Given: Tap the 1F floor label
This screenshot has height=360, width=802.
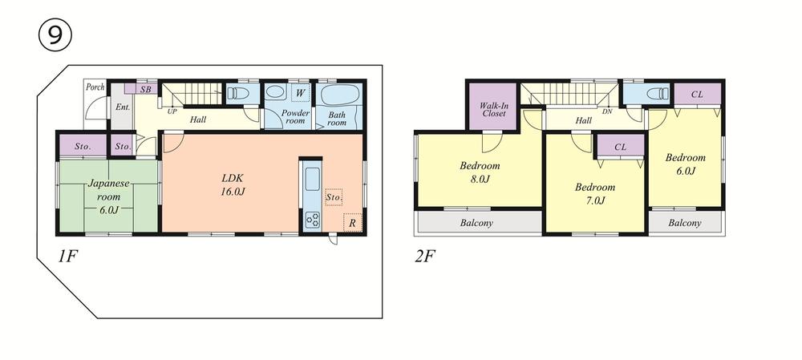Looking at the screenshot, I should point(68,258).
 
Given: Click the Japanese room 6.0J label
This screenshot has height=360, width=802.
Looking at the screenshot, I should point(104,196).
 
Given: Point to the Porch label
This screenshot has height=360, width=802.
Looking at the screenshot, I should point(95,87).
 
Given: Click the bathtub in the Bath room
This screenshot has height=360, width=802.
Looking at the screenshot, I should point(341,95).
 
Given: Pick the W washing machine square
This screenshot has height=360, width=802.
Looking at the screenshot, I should point(298,94).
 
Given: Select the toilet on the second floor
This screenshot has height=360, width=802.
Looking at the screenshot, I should point(654,94).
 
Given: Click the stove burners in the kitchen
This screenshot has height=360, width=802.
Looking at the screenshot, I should point(311,219).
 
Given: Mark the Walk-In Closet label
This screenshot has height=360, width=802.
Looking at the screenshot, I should point(493,109).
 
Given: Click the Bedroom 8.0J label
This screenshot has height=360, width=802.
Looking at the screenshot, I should point(480,172).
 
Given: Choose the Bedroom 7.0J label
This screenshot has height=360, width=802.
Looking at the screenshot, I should point(594,193).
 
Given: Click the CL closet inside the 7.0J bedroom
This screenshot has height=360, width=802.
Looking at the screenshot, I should point(621,147).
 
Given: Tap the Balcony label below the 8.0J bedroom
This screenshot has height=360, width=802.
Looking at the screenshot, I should point(476,223).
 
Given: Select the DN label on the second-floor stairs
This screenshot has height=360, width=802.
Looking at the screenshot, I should point(607,111).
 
